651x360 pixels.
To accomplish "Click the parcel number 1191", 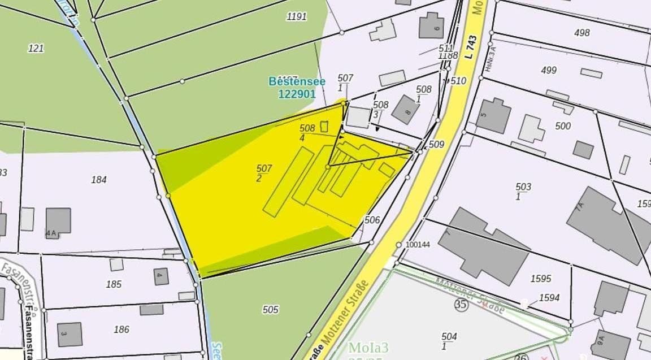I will [297, 16].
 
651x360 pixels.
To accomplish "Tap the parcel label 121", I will [36, 48].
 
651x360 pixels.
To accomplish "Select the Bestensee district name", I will [297, 81].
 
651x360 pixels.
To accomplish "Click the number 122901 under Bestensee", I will [297, 94].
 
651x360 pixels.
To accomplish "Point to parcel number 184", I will [99, 180].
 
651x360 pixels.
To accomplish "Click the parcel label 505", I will [271, 310].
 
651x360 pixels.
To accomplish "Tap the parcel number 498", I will [581, 33].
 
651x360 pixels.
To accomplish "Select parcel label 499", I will [548, 70].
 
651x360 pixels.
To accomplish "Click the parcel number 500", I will [563, 126].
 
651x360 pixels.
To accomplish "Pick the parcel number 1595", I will [541, 279].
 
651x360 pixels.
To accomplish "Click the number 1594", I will [549, 297].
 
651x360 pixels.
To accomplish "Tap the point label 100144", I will [418, 245].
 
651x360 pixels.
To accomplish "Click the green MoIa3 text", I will [368, 347].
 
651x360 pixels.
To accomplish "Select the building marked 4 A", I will [58, 221].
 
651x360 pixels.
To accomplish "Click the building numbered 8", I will [406, 110].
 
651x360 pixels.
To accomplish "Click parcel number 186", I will [121, 329].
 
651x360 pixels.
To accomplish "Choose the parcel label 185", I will [114, 284].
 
